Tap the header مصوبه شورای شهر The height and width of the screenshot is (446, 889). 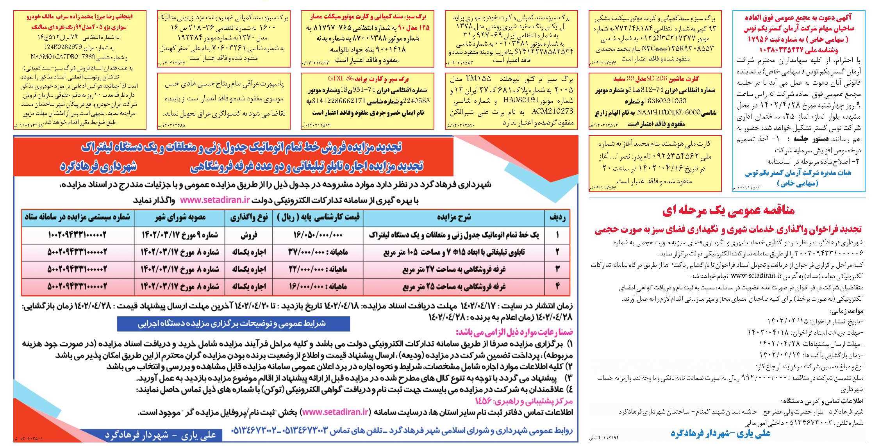tap(180, 218)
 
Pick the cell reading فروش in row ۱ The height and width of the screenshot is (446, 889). tap(249, 235)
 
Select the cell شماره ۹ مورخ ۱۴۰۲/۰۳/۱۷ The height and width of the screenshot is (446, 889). tap(180, 235)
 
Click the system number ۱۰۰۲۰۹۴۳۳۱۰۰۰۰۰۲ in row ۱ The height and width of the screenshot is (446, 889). tap(77, 235)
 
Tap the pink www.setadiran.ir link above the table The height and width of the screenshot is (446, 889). tap(215, 200)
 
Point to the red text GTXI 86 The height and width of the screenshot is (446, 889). tap(341, 79)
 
